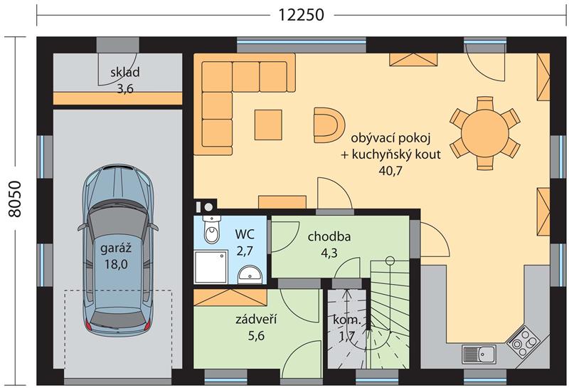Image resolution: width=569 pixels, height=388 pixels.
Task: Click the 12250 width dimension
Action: (301, 15)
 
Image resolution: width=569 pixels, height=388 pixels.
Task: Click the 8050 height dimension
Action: (15, 199)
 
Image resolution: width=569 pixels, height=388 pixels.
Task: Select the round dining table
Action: (485, 133)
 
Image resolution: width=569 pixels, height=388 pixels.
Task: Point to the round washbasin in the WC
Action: (250, 275)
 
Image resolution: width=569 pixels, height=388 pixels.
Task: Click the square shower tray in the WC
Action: (211, 267)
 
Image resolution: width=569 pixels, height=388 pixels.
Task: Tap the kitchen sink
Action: (479, 354)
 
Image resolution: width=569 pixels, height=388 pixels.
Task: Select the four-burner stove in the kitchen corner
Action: (523, 342)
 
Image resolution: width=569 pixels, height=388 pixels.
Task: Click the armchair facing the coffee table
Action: (329, 125)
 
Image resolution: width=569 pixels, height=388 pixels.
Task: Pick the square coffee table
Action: (268, 125)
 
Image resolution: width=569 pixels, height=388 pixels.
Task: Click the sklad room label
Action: (125, 72)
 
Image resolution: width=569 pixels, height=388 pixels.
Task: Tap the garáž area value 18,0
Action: (116, 263)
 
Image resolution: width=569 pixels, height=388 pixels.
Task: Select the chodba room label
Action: (329, 236)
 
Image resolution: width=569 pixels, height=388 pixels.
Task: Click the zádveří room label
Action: (256, 319)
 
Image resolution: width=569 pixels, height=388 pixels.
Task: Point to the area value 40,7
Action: (390, 170)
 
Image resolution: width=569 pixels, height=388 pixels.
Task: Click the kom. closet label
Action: (347, 320)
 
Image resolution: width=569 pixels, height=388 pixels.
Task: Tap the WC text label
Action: (245, 234)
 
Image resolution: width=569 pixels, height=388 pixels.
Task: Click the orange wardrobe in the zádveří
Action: (230, 298)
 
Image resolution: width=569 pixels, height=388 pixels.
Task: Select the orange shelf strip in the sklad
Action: (117, 98)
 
